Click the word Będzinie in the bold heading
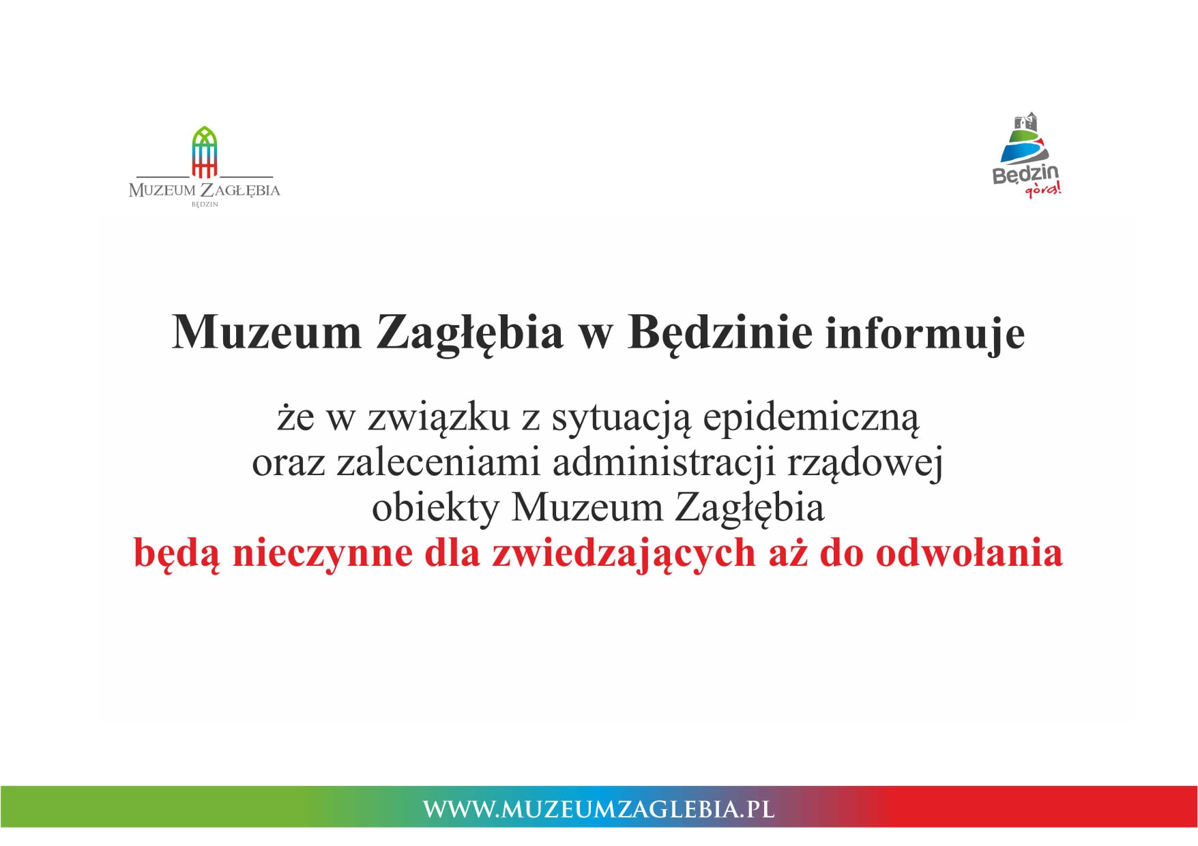click(x=720, y=334)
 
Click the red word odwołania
click(x=969, y=553)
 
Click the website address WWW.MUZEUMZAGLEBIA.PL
click(x=599, y=809)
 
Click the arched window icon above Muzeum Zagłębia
click(x=205, y=151)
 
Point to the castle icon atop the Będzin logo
click(x=1025, y=122)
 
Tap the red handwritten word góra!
click(x=1044, y=190)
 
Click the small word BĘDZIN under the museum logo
click(x=205, y=204)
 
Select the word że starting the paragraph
click(x=295, y=417)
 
